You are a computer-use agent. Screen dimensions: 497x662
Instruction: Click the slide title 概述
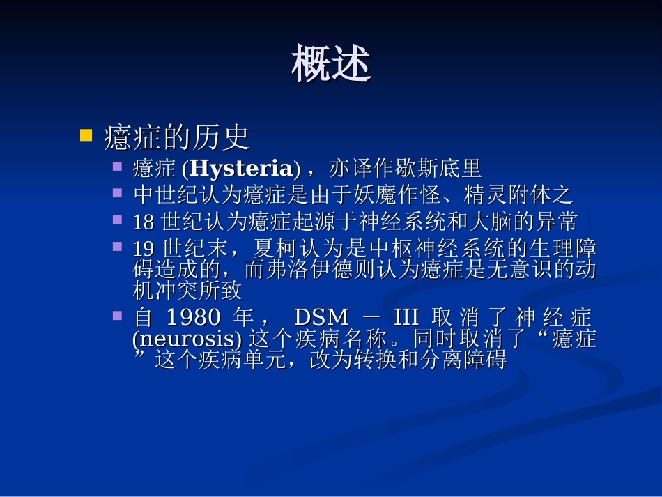coord(331,64)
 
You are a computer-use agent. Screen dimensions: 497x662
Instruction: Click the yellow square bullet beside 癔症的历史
coord(86,135)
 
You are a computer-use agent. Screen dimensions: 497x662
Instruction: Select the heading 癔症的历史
coord(176,137)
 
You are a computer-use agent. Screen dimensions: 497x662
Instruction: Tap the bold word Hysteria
coord(241,169)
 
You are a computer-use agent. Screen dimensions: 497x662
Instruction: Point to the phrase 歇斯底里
coord(442,169)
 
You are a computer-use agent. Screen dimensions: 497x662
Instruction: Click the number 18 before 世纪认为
coord(143,222)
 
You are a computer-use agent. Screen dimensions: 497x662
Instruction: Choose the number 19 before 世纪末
coord(143,249)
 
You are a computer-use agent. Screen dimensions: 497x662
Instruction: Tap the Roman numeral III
coord(406,319)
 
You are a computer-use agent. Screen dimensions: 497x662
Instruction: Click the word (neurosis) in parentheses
coord(187,339)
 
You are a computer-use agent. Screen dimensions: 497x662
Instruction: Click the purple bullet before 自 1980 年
coord(118,316)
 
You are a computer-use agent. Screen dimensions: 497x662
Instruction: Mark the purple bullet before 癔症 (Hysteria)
coord(118,166)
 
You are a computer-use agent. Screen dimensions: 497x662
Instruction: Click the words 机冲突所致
coord(187,289)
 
